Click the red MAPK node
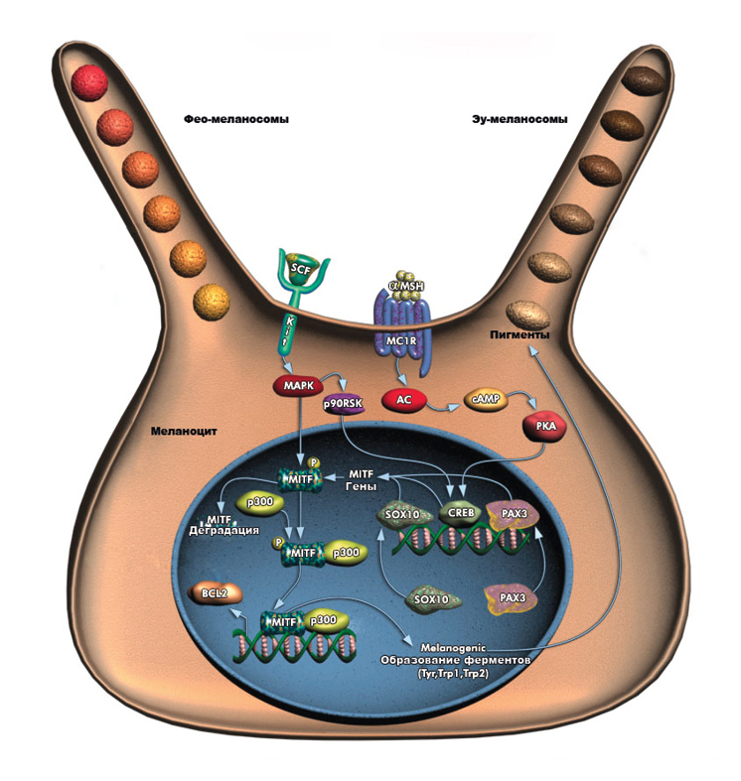(x=299, y=385)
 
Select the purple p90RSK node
(x=343, y=404)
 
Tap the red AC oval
(x=404, y=400)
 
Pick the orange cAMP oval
(x=486, y=400)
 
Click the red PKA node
(x=545, y=427)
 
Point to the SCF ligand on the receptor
(x=300, y=270)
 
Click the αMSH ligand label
(x=405, y=287)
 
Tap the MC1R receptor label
(x=401, y=341)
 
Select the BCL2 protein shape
(x=216, y=593)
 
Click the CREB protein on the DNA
(x=461, y=513)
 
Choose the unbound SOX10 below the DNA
(x=432, y=599)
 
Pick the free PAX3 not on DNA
(x=511, y=598)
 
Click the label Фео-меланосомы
(x=235, y=119)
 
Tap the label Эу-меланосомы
(x=519, y=119)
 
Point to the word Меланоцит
(x=184, y=432)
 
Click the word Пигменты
(x=519, y=334)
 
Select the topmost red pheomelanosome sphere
(x=89, y=82)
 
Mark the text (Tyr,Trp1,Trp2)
(x=453, y=674)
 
